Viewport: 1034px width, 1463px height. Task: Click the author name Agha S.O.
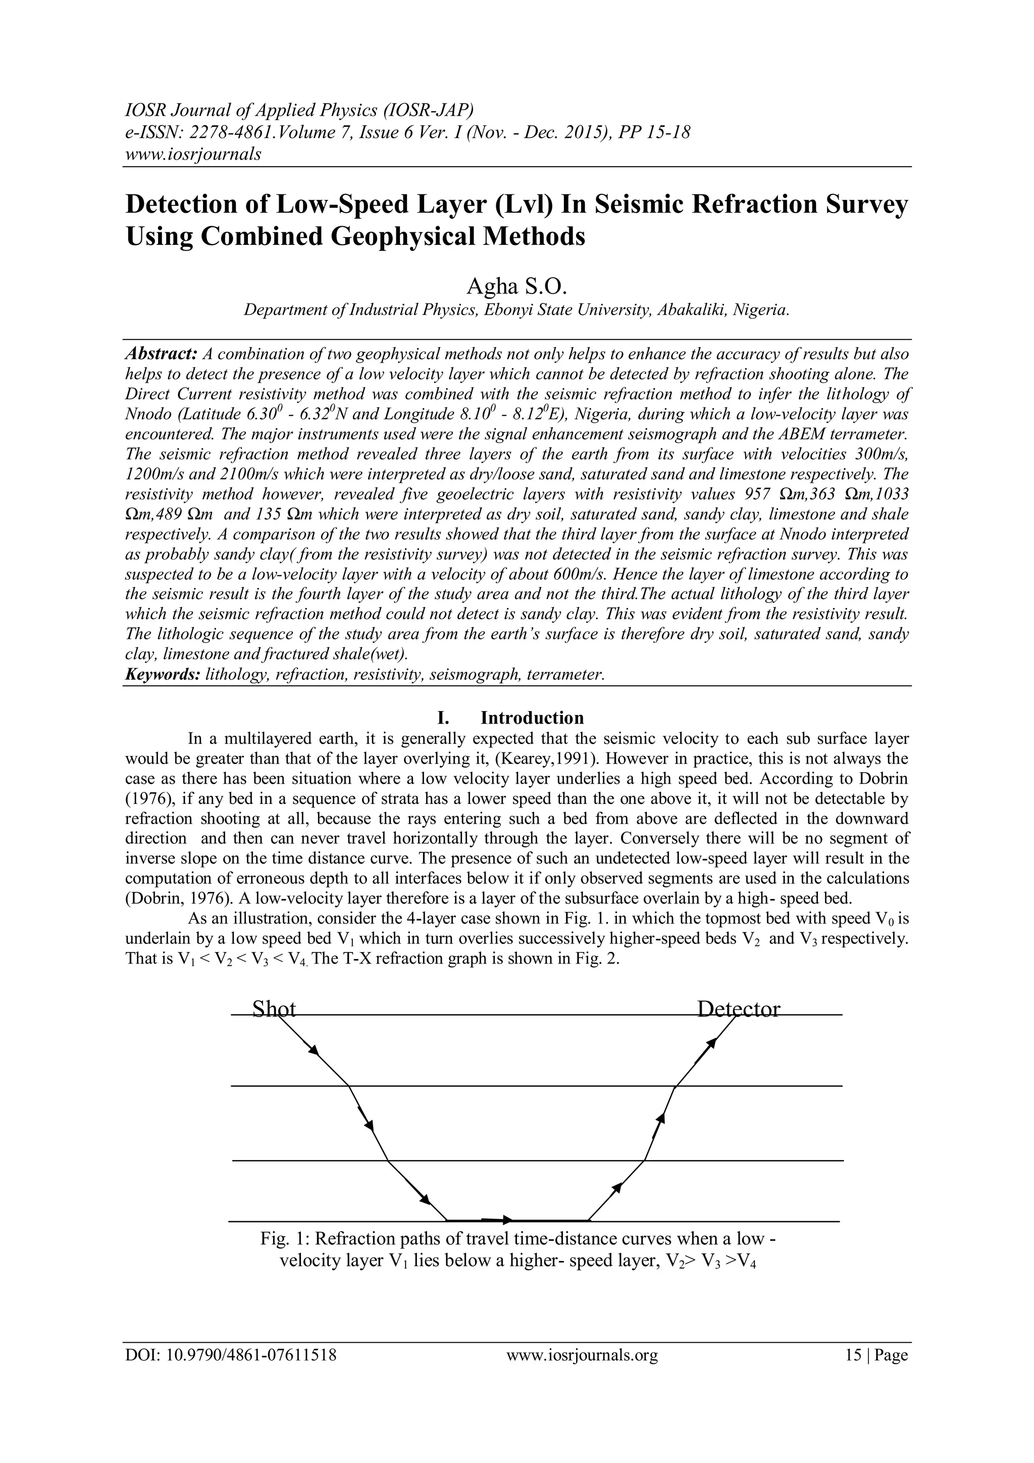click(516, 287)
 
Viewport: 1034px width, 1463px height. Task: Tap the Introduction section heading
click(532, 718)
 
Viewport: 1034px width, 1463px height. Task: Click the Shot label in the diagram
click(274, 1010)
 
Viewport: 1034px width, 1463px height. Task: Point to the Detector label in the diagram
click(738, 1010)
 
